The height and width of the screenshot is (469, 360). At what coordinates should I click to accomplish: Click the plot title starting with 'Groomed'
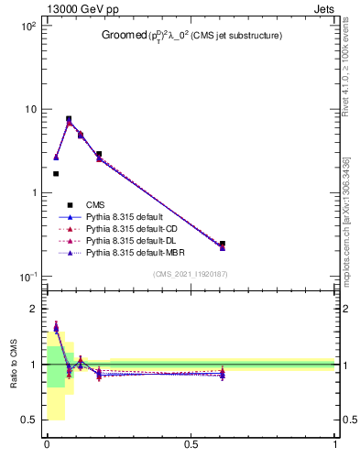191,36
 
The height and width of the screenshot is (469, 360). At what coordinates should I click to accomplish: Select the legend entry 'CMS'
96,205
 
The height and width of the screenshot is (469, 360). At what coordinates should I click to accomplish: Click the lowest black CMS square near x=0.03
56,173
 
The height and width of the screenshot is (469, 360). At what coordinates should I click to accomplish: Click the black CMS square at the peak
69,119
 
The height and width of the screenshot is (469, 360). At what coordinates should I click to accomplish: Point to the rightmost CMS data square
223,244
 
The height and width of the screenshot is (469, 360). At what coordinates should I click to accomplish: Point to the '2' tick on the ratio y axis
33,309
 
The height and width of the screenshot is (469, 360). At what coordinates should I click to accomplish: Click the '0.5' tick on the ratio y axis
28,420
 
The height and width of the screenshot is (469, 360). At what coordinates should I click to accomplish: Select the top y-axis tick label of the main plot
27,27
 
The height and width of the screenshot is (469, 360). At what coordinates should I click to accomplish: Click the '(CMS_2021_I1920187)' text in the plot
191,275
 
